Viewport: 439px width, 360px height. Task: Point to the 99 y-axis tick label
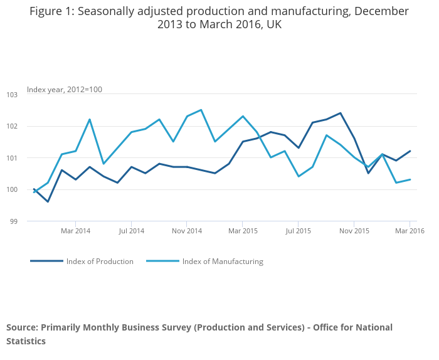[13, 221]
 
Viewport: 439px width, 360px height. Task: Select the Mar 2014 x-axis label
[75, 231]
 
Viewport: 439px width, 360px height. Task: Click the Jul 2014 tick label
[131, 231]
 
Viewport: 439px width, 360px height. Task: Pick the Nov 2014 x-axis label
[187, 231]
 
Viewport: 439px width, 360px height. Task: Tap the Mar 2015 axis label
[243, 231]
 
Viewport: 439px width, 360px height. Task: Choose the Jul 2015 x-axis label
[299, 231]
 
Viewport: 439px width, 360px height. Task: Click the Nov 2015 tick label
[354, 231]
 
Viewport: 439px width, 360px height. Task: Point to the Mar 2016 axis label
[410, 231]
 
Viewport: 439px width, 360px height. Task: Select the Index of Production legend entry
[100, 262]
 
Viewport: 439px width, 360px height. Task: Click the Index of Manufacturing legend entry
[222, 262]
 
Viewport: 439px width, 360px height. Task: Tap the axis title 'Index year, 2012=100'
[65, 90]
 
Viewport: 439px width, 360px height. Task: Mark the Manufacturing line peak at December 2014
[201, 110]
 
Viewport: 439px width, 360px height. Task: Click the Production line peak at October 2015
[340, 113]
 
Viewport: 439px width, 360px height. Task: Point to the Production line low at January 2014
[48, 201]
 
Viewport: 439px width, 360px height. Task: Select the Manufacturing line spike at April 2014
[90, 119]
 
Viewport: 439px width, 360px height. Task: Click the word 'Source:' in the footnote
[22, 327]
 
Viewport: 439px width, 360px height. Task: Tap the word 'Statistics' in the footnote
[26, 341]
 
